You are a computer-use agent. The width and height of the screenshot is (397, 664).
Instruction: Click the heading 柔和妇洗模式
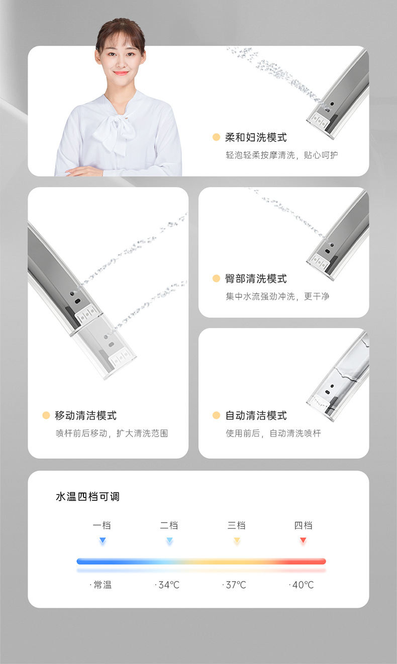(x=256, y=137)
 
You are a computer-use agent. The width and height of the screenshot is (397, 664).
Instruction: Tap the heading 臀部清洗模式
(x=256, y=279)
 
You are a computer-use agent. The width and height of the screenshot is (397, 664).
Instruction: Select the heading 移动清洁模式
(x=85, y=416)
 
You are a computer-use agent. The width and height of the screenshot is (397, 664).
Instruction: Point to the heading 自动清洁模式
(x=256, y=416)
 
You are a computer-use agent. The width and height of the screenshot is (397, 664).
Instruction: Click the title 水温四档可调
(x=87, y=496)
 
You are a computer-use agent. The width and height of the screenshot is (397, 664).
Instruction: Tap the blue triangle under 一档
(x=103, y=540)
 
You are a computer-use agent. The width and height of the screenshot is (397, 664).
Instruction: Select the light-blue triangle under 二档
(x=169, y=540)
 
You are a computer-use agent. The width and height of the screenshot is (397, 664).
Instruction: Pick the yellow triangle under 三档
(x=237, y=540)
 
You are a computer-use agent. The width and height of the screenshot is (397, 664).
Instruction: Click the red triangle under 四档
(x=303, y=540)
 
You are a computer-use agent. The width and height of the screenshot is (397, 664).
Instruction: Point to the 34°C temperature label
(x=169, y=585)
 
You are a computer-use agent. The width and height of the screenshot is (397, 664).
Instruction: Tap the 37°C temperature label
(x=236, y=585)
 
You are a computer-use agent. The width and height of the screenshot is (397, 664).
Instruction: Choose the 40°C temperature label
(x=303, y=585)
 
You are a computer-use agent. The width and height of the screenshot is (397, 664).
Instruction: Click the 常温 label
(x=103, y=585)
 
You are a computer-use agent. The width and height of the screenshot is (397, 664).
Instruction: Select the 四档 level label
(x=303, y=525)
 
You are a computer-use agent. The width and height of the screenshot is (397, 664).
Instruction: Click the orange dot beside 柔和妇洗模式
(x=217, y=137)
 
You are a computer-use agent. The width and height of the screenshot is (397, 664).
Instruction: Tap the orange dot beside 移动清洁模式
(x=46, y=415)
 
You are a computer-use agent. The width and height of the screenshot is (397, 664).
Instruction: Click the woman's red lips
(x=121, y=73)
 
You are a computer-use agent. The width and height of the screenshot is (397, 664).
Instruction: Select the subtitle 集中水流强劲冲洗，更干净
(x=277, y=296)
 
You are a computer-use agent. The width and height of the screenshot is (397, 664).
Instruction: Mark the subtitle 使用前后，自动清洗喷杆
(x=273, y=433)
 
